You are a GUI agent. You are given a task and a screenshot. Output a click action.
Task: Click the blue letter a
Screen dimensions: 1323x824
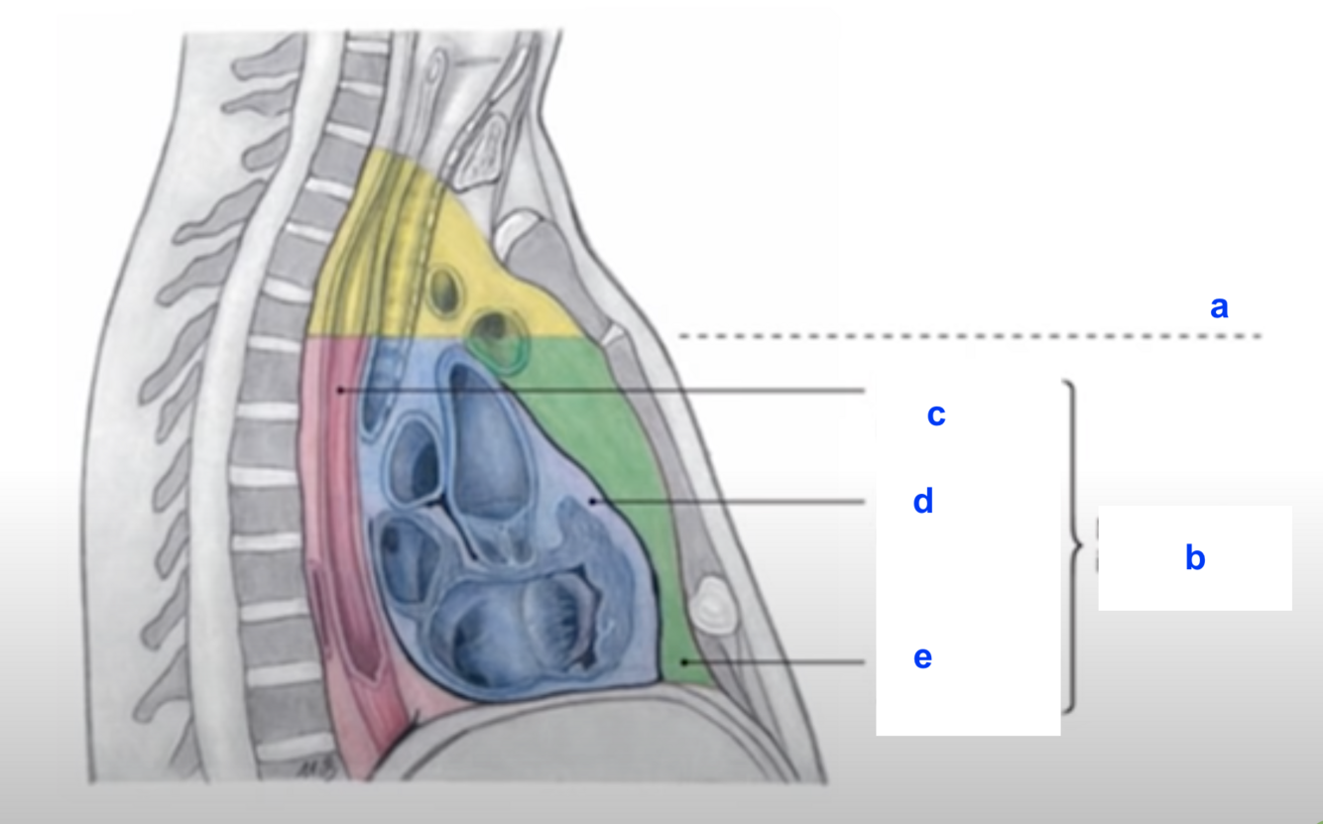[x=1219, y=307]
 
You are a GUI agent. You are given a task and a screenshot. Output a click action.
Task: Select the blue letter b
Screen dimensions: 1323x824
[x=1195, y=558]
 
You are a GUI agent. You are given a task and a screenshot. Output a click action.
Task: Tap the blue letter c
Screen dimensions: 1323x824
[x=935, y=414]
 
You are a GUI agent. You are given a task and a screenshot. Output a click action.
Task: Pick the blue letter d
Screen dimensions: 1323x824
[x=923, y=502]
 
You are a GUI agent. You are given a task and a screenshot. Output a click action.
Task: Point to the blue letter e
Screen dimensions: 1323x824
[x=922, y=657]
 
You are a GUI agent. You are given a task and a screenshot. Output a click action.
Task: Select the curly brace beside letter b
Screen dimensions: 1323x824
[x=1074, y=545]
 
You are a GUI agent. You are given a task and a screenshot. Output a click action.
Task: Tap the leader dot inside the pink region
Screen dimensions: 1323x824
[x=339, y=391]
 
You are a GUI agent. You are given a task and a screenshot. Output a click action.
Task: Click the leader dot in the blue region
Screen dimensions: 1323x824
[x=592, y=502]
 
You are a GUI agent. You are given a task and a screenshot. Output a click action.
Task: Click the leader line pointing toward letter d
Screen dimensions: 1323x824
[x=734, y=503]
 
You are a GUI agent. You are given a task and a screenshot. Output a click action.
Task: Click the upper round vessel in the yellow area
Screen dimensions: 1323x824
[x=443, y=291]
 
